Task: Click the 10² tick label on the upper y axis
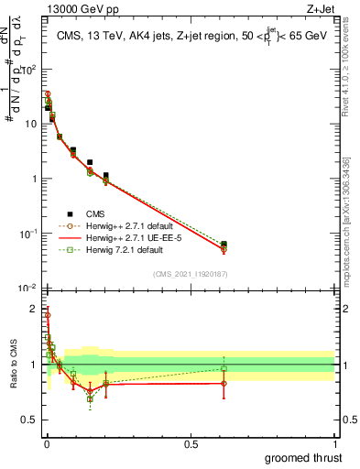(31, 69)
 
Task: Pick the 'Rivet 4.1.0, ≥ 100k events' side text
(353, 64)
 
